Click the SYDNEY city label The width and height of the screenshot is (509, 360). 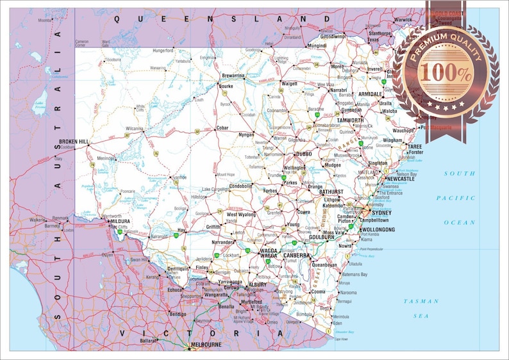381,213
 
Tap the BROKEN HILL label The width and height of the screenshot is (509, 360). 74,142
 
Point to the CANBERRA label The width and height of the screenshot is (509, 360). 297,255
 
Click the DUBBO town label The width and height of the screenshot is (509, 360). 303,154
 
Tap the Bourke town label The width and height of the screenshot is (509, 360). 226,85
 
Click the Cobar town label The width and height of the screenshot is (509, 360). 222,128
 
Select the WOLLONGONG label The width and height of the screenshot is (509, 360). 378,229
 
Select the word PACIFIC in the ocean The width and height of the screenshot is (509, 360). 456,198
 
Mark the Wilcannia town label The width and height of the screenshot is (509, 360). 134,128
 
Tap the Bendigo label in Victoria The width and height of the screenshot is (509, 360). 178,315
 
